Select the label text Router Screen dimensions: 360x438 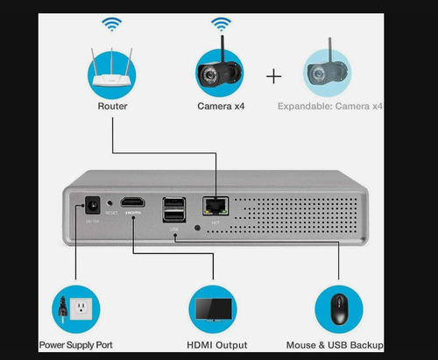(x=112, y=106)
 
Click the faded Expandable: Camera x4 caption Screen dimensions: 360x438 (x=331, y=106)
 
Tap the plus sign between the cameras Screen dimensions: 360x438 (x=274, y=76)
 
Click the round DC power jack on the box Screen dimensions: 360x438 (x=88, y=207)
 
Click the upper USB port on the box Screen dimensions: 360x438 (x=173, y=204)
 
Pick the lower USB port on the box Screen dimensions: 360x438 (x=173, y=217)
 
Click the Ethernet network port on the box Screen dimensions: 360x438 (x=213, y=206)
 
